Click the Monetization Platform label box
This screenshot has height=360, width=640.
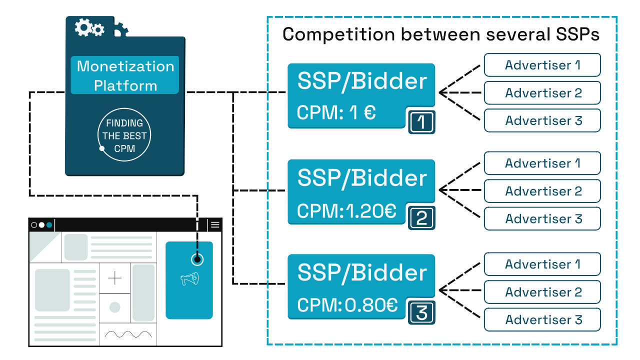point(124,75)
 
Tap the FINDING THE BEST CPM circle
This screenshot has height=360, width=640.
point(124,135)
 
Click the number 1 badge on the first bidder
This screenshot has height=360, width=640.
point(421,122)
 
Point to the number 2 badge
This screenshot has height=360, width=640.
point(421,218)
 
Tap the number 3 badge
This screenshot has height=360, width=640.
point(421,313)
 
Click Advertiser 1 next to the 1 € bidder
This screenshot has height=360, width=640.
point(542,65)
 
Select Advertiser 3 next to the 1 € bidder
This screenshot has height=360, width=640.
point(542,120)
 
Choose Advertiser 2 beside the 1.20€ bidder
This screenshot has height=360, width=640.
point(542,191)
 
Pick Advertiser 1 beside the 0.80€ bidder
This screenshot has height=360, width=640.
point(542,264)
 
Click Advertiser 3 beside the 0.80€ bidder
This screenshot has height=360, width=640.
point(542,319)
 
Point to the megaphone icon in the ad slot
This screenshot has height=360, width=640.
point(189,279)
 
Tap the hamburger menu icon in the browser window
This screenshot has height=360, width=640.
point(215,225)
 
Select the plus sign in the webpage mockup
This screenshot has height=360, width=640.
point(115,278)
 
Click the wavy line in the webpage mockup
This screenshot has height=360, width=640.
point(128,334)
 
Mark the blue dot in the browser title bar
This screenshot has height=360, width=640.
point(49,225)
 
